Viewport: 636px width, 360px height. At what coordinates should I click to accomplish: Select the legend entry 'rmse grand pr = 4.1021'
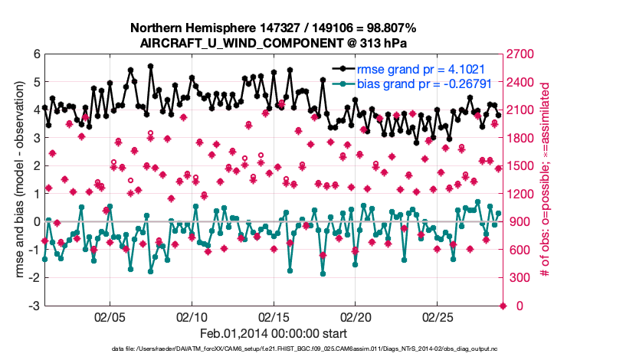click(x=421, y=67)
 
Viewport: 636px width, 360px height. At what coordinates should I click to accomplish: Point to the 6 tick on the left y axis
click(x=36, y=54)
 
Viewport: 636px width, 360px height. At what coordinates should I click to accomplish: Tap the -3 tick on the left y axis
click(x=34, y=306)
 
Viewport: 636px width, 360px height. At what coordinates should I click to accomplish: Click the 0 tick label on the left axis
click(x=36, y=222)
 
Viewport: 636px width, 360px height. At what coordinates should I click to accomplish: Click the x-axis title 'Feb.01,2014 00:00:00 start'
click(x=274, y=333)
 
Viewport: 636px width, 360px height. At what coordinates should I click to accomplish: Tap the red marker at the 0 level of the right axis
click(x=503, y=306)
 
